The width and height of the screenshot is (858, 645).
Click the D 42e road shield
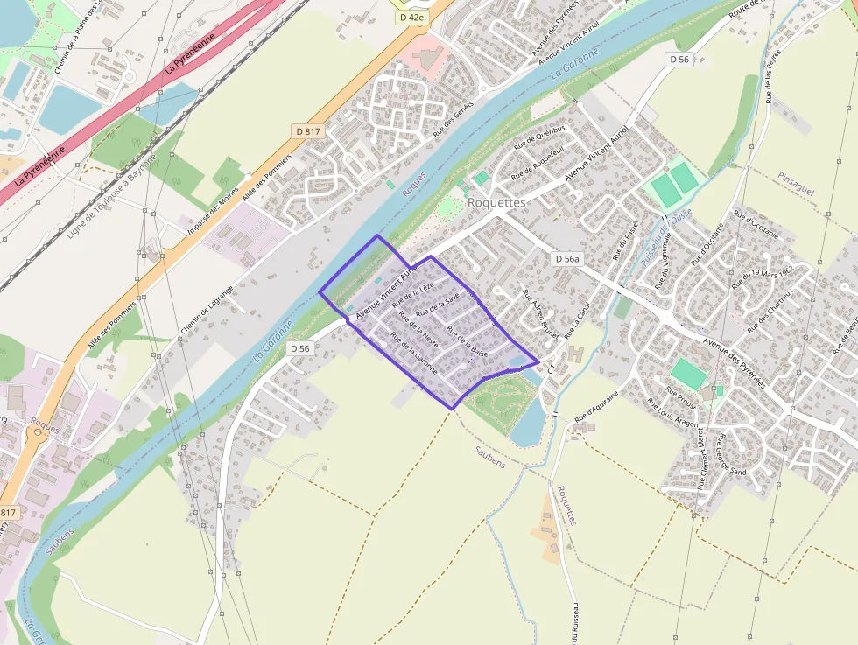(x=411, y=17)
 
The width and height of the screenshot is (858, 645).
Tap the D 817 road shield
(x=306, y=131)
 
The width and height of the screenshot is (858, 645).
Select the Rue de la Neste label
(x=418, y=328)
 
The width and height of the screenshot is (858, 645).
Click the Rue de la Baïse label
(x=466, y=340)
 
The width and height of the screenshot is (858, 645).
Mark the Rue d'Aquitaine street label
(x=596, y=409)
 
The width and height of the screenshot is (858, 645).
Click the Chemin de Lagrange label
(x=207, y=309)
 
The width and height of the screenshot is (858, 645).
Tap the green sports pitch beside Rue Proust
(x=690, y=375)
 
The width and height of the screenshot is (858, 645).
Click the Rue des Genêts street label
(x=453, y=119)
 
